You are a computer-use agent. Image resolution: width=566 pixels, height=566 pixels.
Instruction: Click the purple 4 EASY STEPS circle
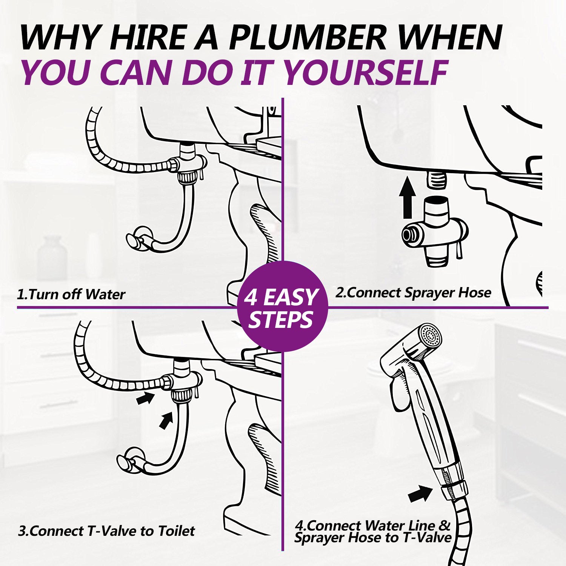(283, 306)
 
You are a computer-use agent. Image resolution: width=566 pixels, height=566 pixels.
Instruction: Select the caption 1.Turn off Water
(71, 294)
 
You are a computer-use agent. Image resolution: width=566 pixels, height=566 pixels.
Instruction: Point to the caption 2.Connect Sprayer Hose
(414, 293)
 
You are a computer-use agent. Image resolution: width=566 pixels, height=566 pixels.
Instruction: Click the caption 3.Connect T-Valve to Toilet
(106, 531)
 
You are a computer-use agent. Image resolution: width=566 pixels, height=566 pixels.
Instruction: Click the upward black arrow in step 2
(407, 197)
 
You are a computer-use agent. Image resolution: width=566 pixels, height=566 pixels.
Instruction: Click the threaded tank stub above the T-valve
(437, 179)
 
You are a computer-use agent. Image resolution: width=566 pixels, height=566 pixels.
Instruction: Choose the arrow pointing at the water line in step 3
(166, 420)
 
